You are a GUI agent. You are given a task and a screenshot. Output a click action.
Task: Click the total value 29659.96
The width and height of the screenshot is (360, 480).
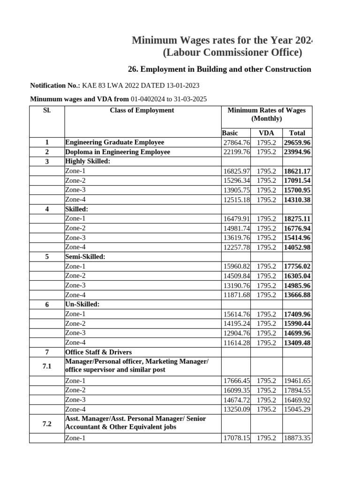pyautogui.click(x=298, y=142)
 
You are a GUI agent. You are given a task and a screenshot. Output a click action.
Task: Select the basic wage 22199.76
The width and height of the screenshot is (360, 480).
pyautogui.click(x=236, y=152)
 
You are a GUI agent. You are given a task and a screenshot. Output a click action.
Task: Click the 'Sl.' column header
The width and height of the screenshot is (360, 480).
pyautogui.click(x=46, y=111)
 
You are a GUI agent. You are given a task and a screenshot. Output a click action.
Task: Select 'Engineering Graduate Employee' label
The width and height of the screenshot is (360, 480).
pyautogui.click(x=114, y=142)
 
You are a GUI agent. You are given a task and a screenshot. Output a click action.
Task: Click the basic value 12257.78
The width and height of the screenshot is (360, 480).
pyautogui.click(x=236, y=247)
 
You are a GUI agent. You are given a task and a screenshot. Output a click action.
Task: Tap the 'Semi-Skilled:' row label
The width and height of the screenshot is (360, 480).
pyautogui.click(x=85, y=257)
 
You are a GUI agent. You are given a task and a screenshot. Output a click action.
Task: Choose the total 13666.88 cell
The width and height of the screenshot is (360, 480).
pyautogui.click(x=298, y=295)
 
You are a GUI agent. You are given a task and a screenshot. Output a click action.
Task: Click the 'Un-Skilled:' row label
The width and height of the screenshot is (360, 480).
pyautogui.click(x=82, y=305)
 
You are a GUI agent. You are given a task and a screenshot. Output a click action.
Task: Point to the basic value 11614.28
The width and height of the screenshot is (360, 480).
pyautogui.click(x=236, y=343)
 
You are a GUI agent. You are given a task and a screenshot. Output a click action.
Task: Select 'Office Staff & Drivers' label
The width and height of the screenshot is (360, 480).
pyautogui.click(x=98, y=352)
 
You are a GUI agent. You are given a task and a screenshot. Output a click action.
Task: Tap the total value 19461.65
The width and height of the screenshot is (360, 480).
pyautogui.click(x=298, y=381)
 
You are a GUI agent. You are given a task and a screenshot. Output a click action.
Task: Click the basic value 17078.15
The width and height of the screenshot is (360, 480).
pyautogui.click(x=236, y=438)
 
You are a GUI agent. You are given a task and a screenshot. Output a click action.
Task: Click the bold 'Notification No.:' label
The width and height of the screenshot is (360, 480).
pyautogui.click(x=55, y=85)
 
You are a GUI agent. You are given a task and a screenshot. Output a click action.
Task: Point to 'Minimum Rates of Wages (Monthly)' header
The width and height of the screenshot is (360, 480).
pyautogui.click(x=266, y=114)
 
